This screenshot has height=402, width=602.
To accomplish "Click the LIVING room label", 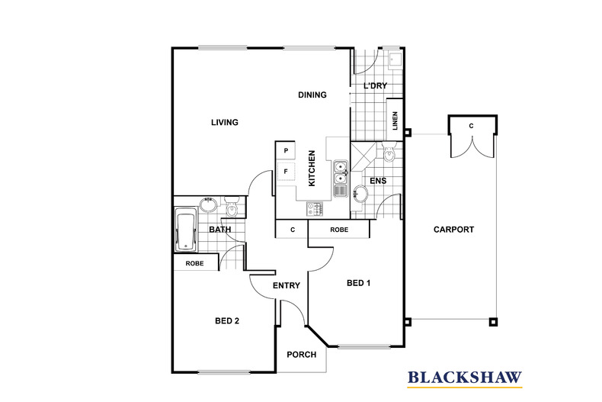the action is point(225,122).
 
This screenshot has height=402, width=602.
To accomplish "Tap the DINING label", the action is point(312,95).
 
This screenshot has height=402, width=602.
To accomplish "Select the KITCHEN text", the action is point(312,169).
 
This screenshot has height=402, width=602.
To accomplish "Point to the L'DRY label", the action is point(375,85).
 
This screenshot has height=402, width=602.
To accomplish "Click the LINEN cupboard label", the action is point(395,121).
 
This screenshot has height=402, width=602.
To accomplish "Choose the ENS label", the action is point(378,181).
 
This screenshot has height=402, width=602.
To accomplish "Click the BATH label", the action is point(220,230).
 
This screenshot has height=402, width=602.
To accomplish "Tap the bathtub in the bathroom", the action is point(186,230).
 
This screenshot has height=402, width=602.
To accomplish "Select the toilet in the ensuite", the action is point(389,152).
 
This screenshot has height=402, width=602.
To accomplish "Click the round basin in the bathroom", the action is point(208,204).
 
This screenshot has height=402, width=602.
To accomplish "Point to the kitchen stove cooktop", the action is point(315,209).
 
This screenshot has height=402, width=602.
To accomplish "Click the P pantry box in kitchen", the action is point(286,150).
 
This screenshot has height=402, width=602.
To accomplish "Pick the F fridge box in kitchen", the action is point(286,172).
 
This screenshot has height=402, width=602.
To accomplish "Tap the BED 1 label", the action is point(359,283).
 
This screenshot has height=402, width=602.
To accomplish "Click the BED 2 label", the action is point(227,320).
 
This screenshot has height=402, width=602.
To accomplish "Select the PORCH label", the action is point(302,355).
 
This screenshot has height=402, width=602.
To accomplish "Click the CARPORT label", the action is point(454,230).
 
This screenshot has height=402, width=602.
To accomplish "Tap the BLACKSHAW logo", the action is point(465,378).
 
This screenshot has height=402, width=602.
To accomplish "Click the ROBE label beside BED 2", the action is point(194,264).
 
